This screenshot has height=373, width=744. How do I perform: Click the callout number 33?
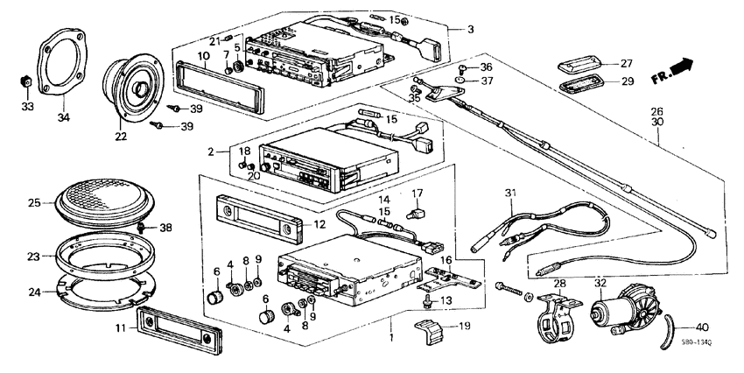point(27,108)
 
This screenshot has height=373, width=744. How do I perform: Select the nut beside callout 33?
point(27,82)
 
